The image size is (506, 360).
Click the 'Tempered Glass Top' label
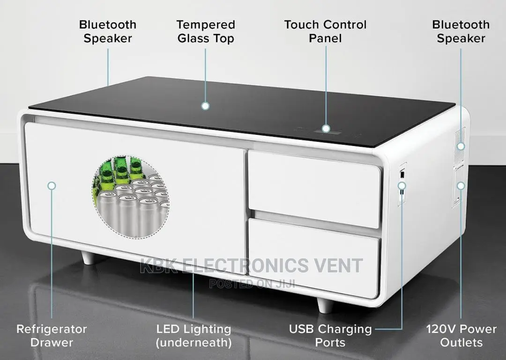tap(206, 31)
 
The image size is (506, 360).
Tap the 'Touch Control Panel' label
tap(325, 31)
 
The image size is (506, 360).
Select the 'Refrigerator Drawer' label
tap(52, 336)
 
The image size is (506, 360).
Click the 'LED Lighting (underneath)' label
tap(193, 336)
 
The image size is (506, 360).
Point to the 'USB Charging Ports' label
tap(330, 336)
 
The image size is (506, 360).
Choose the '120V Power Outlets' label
tap(461, 336)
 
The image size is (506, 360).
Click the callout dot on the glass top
tap(205, 106)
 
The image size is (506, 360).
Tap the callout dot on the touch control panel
tap(326, 129)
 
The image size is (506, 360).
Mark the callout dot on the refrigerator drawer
tap(52, 186)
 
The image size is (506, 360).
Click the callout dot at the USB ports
tap(402, 186)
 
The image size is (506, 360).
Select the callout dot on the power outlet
tap(461, 186)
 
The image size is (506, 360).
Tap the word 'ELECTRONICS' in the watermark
tap(245, 265)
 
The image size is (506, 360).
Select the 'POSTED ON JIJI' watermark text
tap(252, 284)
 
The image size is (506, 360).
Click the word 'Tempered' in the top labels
tap(206, 25)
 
